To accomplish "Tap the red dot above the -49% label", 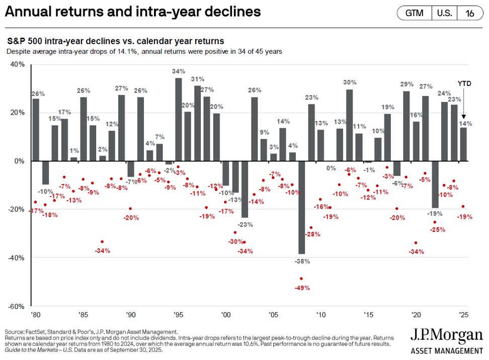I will [x=301, y=279].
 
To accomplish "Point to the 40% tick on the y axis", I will [x=18, y=64].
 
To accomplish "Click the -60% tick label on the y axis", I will [x=17, y=306].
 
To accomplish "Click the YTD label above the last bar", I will [x=464, y=83].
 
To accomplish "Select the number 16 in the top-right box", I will [x=470, y=14].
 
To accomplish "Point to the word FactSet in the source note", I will [x=39, y=332].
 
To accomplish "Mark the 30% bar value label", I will [x=350, y=82].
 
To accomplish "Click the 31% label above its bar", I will [x=197, y=79].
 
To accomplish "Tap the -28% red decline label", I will [x=313, y=234].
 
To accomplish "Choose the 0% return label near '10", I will [x=331, y=168].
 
